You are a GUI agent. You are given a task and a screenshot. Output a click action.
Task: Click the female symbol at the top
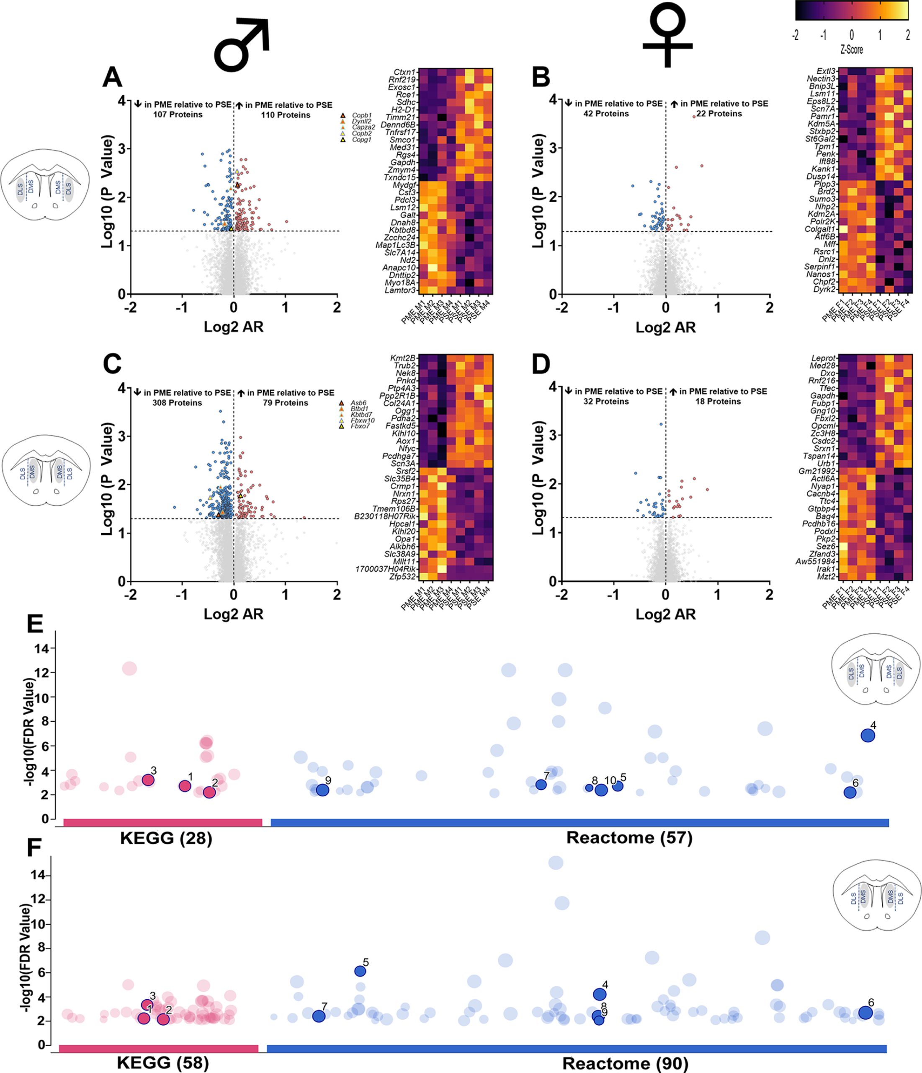click(667, 35)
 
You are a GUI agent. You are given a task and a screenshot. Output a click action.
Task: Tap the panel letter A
click(112, 78)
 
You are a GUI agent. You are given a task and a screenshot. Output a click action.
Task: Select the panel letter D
click(541, 365)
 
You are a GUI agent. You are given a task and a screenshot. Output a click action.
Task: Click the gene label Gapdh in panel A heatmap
click(404, 163)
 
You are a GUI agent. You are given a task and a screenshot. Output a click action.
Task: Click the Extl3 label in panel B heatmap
click(826, 72)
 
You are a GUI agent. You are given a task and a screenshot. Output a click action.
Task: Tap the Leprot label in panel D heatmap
click(823, 358)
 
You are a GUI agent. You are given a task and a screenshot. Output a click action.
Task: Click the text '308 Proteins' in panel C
click(177, 403)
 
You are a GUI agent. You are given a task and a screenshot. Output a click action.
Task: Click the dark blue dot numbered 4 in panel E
click(868, 735)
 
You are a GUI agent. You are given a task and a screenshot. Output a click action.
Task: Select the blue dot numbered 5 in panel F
click(360, 971)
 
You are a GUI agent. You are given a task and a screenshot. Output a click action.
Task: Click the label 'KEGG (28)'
click(166, 838)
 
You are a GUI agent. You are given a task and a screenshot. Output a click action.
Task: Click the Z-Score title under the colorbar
click(851, 50)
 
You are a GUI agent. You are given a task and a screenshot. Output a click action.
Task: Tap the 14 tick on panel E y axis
click(42, 648)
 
